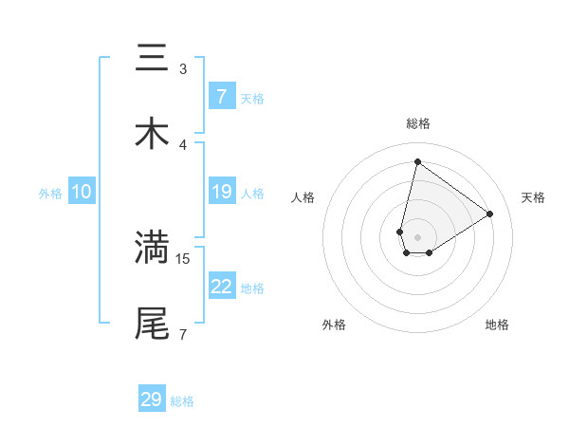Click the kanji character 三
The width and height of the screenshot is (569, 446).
(152, 59)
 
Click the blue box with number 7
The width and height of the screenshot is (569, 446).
(221, 97)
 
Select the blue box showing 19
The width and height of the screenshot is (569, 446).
(221, 193)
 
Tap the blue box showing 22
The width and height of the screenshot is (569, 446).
(221, 288)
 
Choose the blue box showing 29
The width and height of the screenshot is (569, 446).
(152, 400)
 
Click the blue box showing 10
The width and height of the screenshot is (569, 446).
(82, 193)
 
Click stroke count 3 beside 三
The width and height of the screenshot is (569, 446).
(183, 68)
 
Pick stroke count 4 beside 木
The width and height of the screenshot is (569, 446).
(183, 144)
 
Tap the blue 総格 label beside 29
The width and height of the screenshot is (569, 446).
(182, 401)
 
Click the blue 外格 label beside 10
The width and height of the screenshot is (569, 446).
(50, 194)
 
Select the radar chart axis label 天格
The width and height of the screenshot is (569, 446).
(533, 197)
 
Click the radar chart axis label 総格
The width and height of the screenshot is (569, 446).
(418, 123)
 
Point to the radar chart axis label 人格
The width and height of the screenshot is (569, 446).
(303, 197)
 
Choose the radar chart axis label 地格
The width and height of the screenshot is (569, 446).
(497, 325)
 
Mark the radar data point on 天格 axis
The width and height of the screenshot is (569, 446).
(489, 214)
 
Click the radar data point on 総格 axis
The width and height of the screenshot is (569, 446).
(417, 161)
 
